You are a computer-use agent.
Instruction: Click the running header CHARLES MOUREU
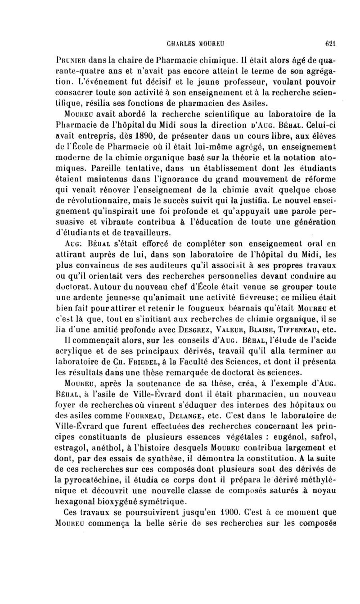196,44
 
